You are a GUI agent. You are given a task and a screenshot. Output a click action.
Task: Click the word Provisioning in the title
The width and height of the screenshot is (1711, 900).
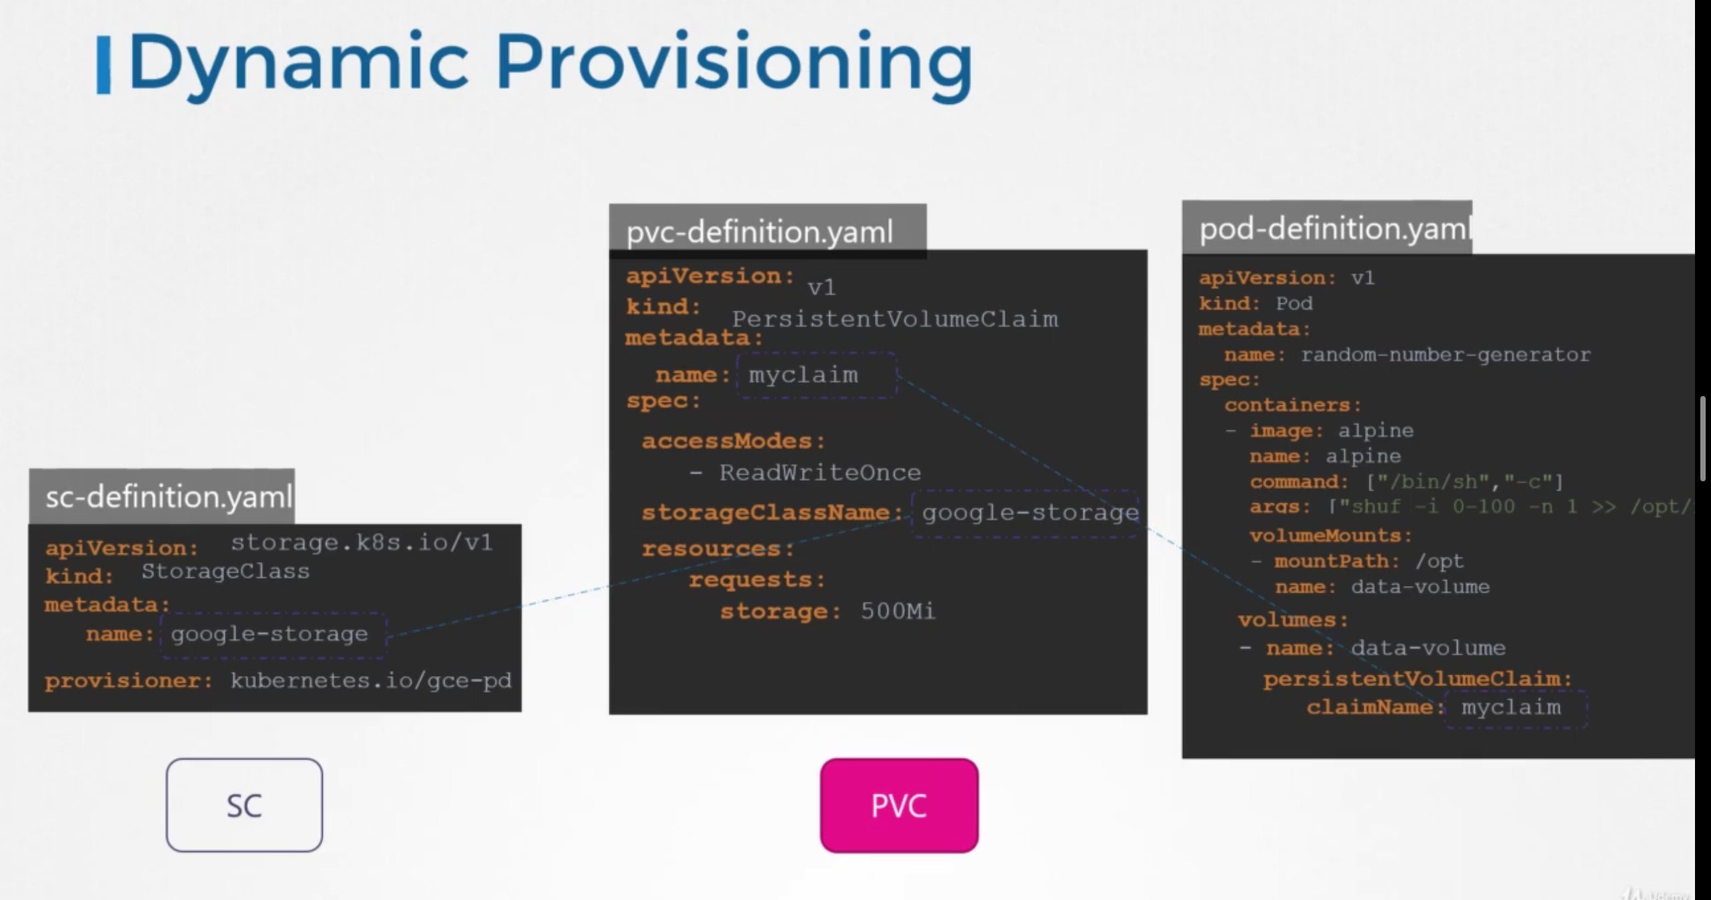[733, 64]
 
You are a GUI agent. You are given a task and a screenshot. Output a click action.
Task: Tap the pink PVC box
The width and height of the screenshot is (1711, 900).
[899, 805]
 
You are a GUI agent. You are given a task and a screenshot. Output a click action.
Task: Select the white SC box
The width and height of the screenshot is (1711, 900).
[244, 805]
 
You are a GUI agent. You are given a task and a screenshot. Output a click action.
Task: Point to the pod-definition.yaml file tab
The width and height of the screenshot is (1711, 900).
[1327, 229]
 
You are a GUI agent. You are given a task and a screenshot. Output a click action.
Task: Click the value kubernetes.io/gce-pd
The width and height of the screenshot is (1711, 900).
[371, 681]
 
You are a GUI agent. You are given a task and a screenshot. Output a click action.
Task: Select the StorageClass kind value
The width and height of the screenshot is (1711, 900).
[225, 571]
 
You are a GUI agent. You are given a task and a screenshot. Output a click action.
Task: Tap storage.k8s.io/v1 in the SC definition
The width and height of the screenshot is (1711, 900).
[361, 543]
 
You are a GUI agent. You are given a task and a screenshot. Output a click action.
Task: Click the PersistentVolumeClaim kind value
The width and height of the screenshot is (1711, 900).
[894, 319]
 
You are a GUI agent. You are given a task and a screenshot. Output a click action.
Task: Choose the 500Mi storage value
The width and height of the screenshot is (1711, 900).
[898, 611]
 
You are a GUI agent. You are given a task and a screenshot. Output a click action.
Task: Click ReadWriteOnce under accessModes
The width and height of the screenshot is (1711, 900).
[819, 473]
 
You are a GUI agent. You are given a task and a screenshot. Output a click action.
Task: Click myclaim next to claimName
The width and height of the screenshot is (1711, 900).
[1511, 707]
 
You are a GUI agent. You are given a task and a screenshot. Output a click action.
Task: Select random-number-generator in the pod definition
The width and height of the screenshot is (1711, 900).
[1446, 355]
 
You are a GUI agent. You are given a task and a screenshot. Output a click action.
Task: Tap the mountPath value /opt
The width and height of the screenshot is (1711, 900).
[1440, 561]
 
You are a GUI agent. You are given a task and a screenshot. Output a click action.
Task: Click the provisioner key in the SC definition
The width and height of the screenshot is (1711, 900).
[128, 681]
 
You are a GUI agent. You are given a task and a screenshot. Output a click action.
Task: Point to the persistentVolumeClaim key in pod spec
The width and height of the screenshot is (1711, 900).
[1418, 679]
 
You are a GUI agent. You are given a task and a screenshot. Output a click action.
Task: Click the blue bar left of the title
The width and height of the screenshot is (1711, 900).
[103, 65]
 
